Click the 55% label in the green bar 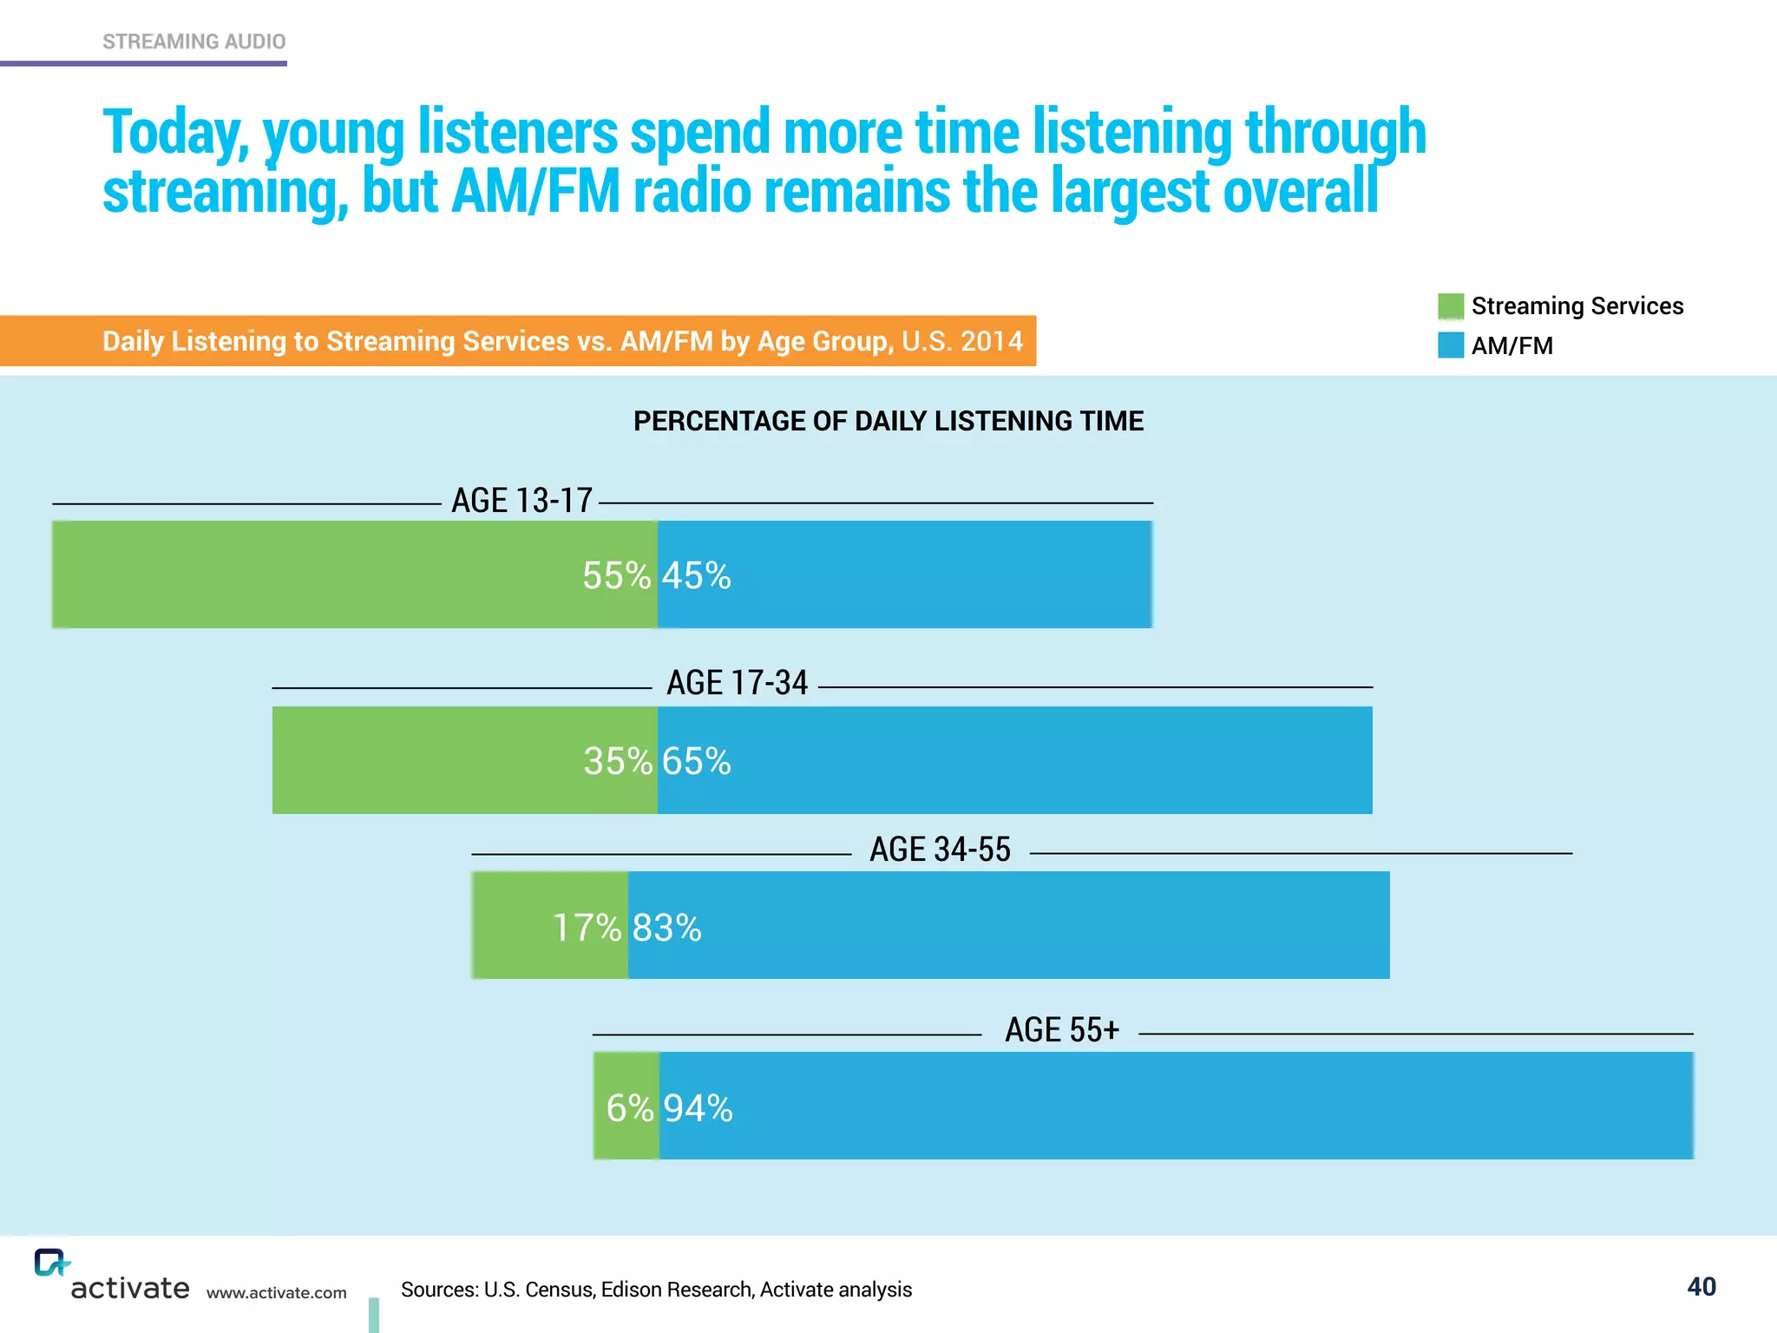tap(616, 575)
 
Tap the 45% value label tap(697, 575)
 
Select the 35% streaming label tap(617, 761)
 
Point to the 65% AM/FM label tap(697, 761)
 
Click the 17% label tap(587, 928)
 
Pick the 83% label tap(666, 928)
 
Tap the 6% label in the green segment tap(629, 1108)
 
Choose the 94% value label tap(698, 1108)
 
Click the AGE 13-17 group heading tap(521, 501)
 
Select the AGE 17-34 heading tap(737, 683)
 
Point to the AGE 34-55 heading tap(940, 850)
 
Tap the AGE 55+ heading tap(1062, 1030)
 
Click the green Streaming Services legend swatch tap(1450, 306)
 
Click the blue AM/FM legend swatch tap(1450, 345)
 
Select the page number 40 tap(1701, 1286)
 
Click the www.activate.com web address tap(276, 1292)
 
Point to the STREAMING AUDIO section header tap(193, 42)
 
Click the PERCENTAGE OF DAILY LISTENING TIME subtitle tap(888, 421)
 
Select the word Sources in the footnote tap(439, 1290)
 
